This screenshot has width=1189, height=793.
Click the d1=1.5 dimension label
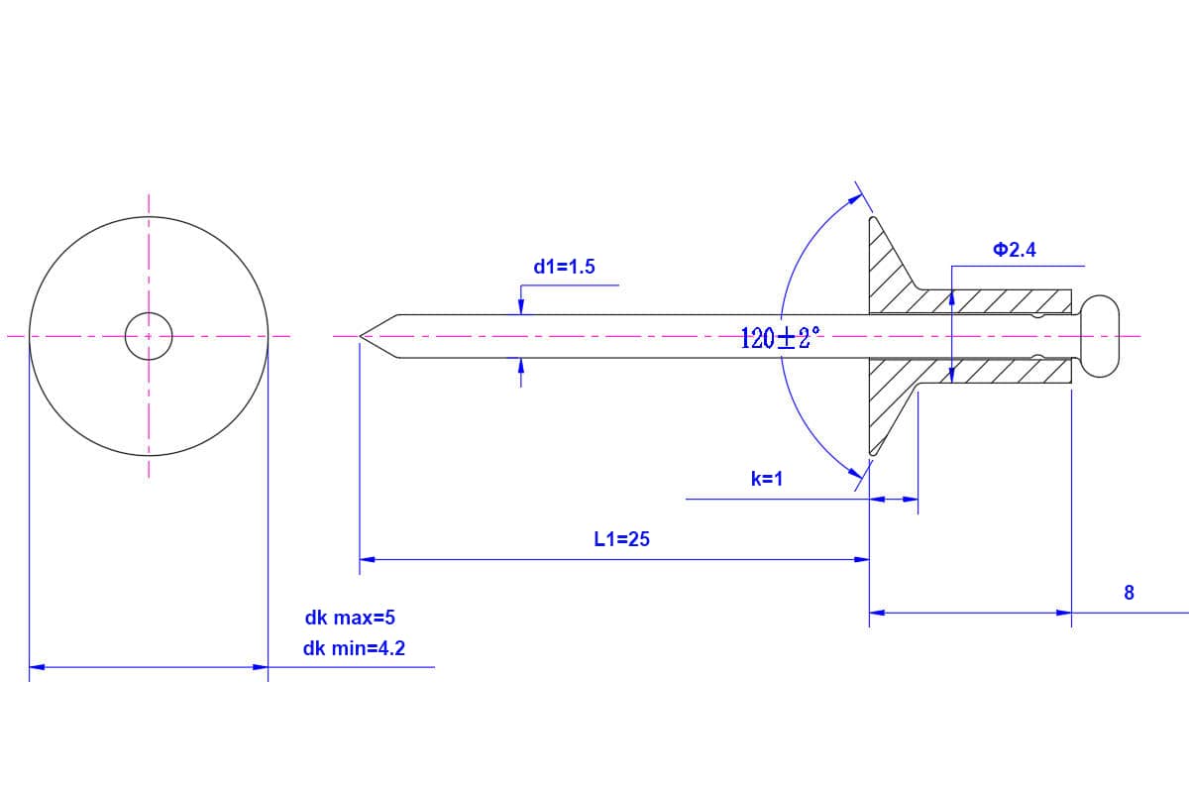[x=564, y=266]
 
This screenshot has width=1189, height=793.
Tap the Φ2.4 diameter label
[x=1014, y=250]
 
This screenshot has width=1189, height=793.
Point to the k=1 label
[x=767, y=479]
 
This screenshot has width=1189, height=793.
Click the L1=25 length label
[x=621, y=539]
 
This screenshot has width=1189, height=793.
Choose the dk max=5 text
[x=350, y=618]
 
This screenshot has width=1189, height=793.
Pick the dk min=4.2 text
[x=354, y=649]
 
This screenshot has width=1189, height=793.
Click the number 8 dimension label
[x=1129, y=593]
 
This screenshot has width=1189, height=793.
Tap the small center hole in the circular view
[x=149, y=336]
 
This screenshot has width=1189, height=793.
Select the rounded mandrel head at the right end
[x=1099, y=336]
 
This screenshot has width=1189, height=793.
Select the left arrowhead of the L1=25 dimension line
[x=366, y=559]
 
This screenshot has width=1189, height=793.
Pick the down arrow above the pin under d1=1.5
[x=521, y=305]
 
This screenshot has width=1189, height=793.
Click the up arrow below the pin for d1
[x=521, y=367]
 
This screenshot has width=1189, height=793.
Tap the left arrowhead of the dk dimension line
[x=36, y=667]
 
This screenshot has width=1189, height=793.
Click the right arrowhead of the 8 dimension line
[x=1065, y=613]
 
